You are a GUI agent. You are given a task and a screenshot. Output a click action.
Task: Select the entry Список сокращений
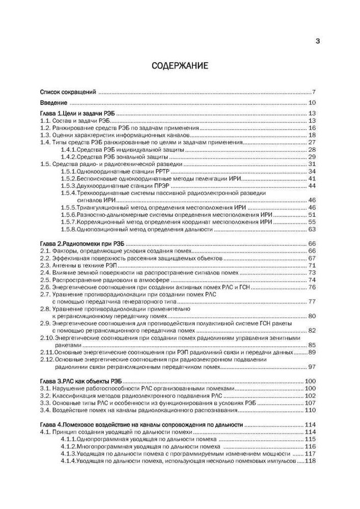pyautogui.click(x=68, y=92)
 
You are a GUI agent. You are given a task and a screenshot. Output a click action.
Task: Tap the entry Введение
pyautogui.click(x=53, y=103)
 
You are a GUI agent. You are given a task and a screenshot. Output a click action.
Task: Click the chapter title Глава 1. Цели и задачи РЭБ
pyautogui.click(x=78, y=113)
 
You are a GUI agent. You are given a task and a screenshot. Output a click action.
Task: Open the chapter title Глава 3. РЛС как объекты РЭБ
pyautogui.click(x=81, y=381)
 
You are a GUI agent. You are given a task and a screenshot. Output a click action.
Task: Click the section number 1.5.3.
pyautogui.click(x=68, y=186)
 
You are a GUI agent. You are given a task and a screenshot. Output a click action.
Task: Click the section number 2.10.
pyautogui.click(x=47, y=338)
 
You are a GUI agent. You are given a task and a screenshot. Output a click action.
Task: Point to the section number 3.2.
pyautogui.click(x=45, y=395)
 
